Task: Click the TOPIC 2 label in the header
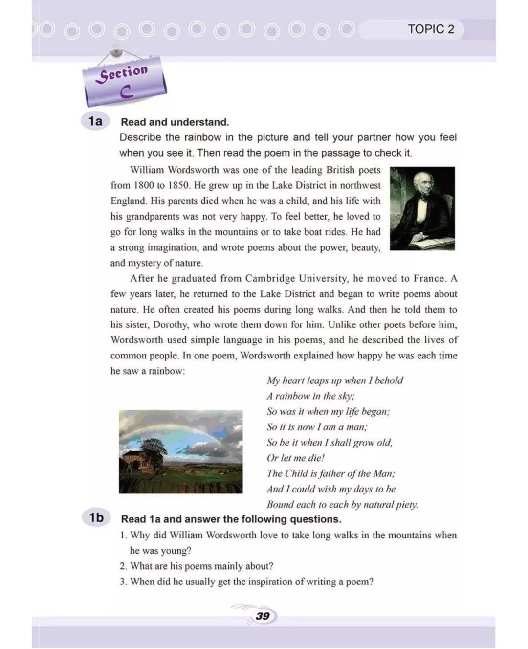pyautogui.click(x=431, y=29)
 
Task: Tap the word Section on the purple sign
pyautogui.click(x=124, y=73)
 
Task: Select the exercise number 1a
pyautogui.click(x=95, y=121)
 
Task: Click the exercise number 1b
pyautogui.click(x=96, y=517)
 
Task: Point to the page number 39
pyautogui.click(x=263, y=616)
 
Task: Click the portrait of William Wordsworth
pyautogui.click(x=422, y=208)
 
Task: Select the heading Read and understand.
pyautogui.click(x=175, y=122)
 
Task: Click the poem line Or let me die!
pyautogui.click(x=295, y=458)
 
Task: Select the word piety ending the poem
pyautogui.click(x=407, y=505)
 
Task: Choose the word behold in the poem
pyautogui.click(x=389, y=380)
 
